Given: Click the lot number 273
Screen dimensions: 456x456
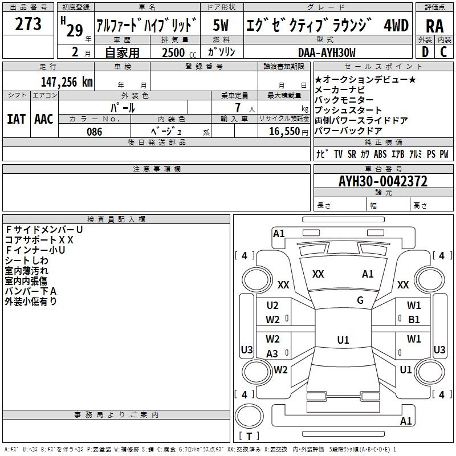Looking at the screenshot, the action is point(28,24).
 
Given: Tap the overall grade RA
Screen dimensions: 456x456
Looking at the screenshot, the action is point(434,26).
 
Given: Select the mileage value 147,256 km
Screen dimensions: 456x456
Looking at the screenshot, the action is point(67,82).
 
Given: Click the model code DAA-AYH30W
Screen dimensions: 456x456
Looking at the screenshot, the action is point(327,52).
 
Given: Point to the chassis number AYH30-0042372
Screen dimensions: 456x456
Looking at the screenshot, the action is point(383,181).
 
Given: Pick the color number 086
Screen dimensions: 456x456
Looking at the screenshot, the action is point(95,132).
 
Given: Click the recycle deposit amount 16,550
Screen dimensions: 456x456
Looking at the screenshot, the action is point(284,132).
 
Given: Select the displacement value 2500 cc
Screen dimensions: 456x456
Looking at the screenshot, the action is point(179,52).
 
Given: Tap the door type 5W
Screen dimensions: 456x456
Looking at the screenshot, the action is point(221,25).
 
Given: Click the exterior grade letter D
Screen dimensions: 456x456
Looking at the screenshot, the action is point(425,52).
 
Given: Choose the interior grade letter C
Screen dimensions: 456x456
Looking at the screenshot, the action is point(443,52).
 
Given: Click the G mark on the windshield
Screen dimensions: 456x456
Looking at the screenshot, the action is point(360,300).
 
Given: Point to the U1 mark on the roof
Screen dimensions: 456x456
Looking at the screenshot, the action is point(343,340).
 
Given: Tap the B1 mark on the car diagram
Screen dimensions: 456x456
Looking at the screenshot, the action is point(414,320).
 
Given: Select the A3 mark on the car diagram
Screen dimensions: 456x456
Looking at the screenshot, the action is point(272,353).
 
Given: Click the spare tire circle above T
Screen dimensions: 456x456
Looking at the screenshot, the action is point(249,416).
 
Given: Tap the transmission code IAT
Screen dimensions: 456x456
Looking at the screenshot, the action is point(16,119).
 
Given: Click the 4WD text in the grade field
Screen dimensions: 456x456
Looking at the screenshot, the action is point(396,25).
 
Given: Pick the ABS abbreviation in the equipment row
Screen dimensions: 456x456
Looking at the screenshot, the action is point(380,154).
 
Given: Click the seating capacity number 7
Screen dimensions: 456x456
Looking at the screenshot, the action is point(238,108).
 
